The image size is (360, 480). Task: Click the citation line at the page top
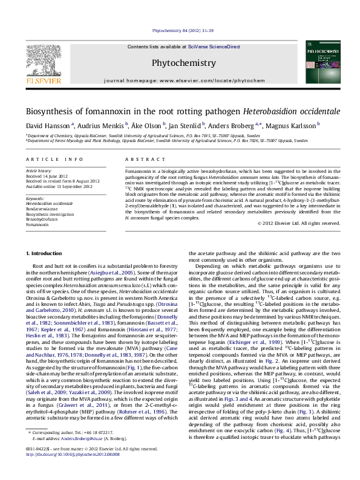tap(180, 29)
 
